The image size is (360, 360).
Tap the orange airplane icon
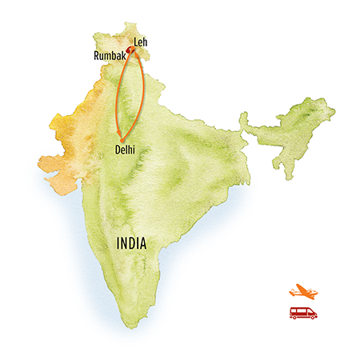click(303, 290)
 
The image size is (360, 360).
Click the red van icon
click(303, 313)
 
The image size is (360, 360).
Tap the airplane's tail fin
click(293, 286)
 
